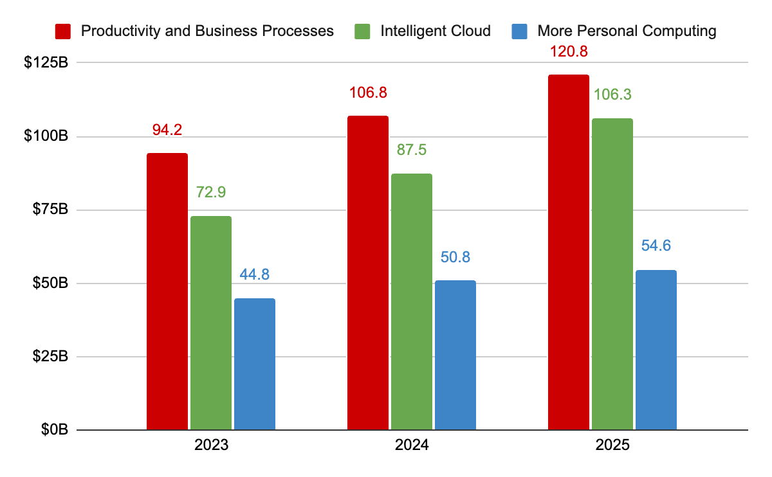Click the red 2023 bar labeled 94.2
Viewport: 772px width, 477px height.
(167, 291)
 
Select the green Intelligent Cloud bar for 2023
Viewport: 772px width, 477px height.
(211, 323)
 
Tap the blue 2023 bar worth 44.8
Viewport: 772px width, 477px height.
(255, 364)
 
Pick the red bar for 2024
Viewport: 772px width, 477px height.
(368, 273)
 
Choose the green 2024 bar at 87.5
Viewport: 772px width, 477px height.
(412, 301)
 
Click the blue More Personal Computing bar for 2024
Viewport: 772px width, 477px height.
(455, 355)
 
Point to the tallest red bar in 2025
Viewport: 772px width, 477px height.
(569, 252)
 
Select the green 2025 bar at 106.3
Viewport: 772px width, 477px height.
(612, 274)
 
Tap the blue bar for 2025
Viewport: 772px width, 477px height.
(656, 350)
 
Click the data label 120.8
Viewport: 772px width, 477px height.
(569, 51)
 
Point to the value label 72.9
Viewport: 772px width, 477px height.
(211, 192)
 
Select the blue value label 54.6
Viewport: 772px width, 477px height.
(656, 246)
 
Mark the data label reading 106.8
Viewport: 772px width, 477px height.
(368, 93)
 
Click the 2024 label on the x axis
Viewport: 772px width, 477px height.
(412, 446)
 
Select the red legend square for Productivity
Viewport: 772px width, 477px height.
(63, 30)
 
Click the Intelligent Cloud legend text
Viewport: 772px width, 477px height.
(436, 30)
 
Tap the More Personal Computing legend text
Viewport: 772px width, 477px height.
(627, 30)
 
